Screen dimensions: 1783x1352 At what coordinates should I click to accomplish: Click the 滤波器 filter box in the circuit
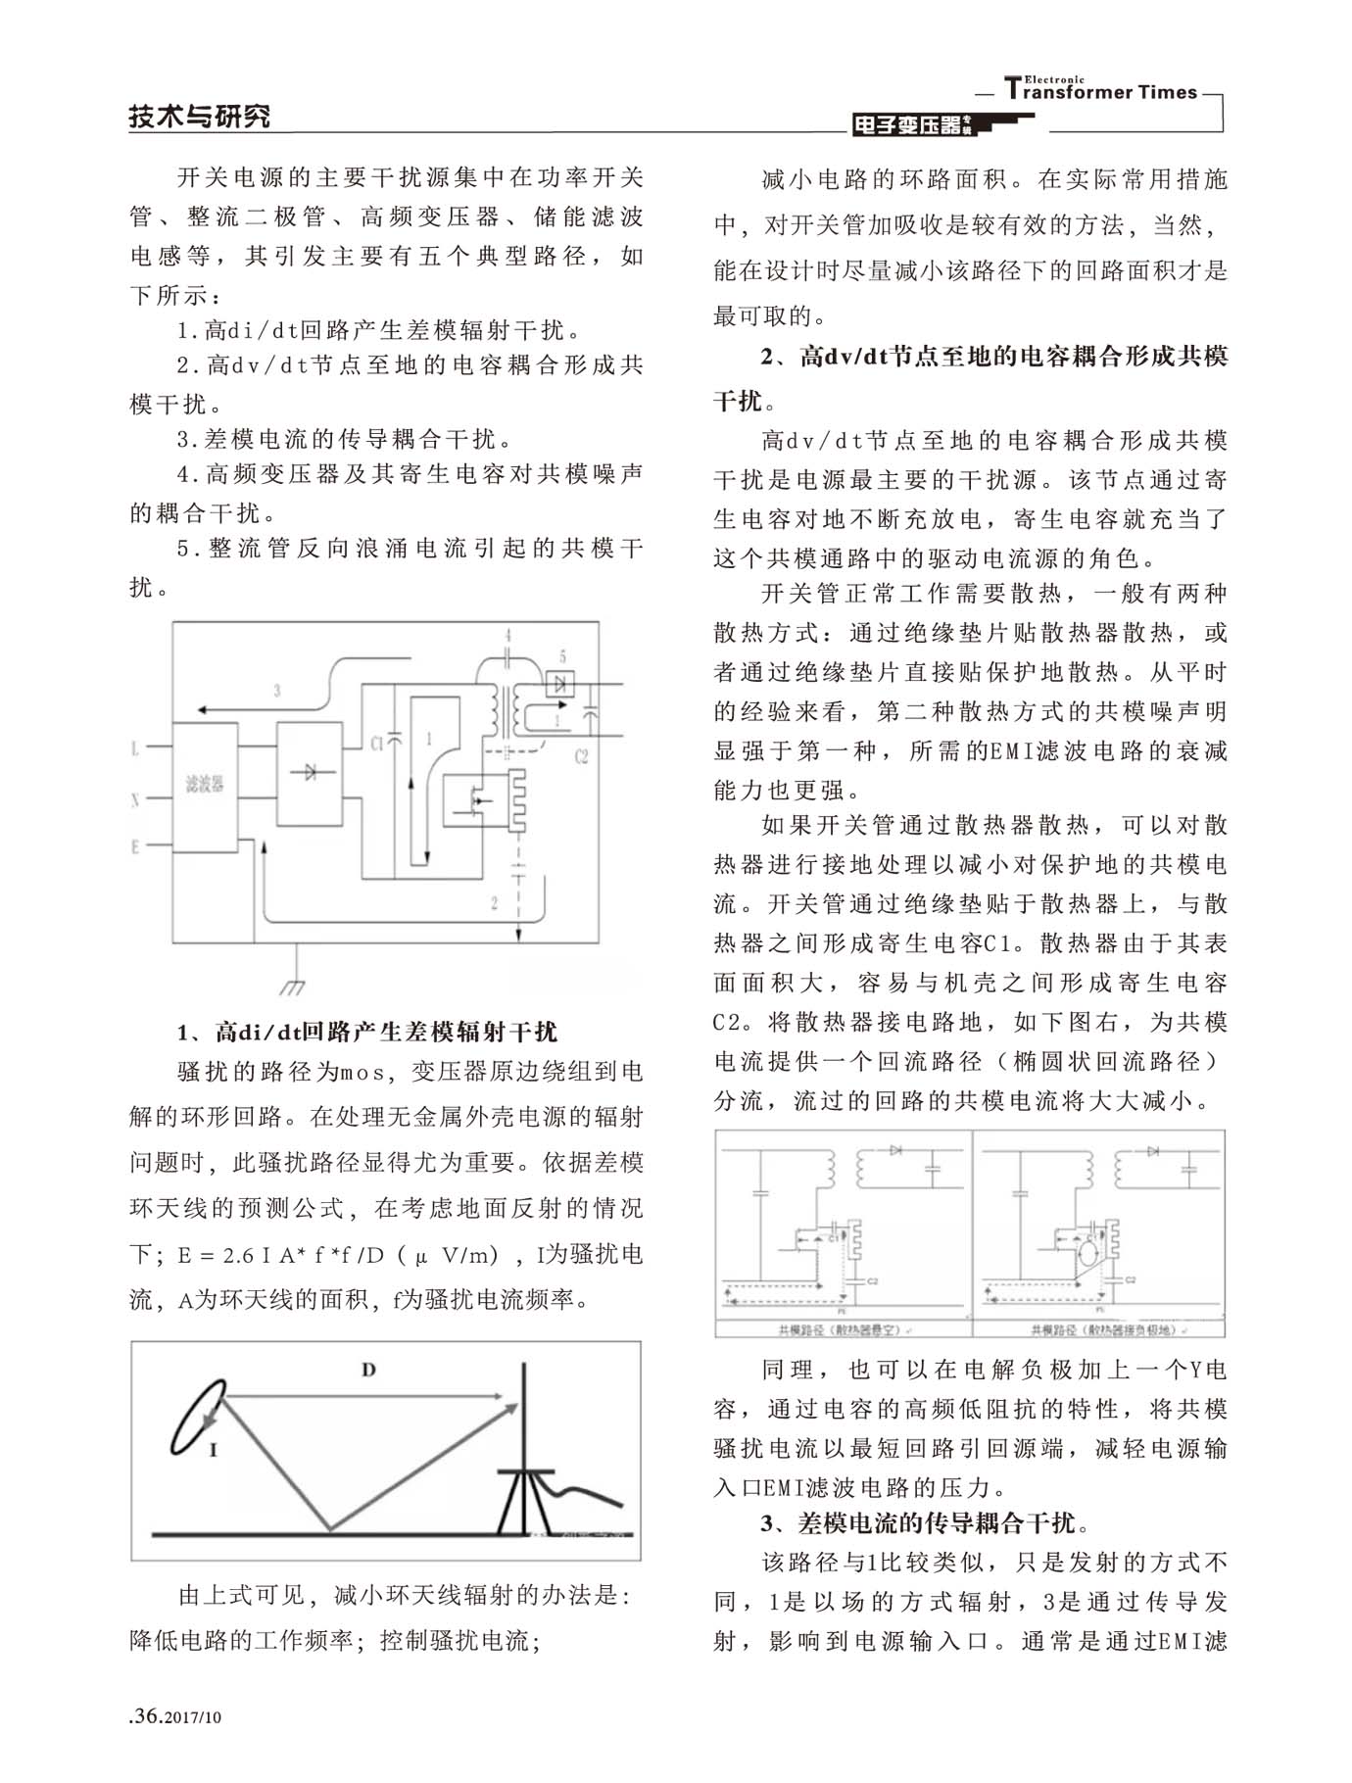[205, 786]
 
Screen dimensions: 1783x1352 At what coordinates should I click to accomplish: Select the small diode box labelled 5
[560, 683]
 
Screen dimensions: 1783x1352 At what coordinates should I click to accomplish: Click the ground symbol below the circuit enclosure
[292, 985]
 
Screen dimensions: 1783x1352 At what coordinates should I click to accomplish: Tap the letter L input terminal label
[135, 749]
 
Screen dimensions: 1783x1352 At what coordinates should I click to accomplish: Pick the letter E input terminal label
[135, 846]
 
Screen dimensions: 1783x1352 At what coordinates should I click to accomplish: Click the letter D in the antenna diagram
[368, 1370]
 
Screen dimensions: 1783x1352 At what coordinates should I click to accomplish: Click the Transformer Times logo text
[1101, 90]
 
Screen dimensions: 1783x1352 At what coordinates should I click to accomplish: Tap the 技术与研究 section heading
[200, 117]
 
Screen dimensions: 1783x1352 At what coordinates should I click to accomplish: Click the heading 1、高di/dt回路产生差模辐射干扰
[367, 1032]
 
